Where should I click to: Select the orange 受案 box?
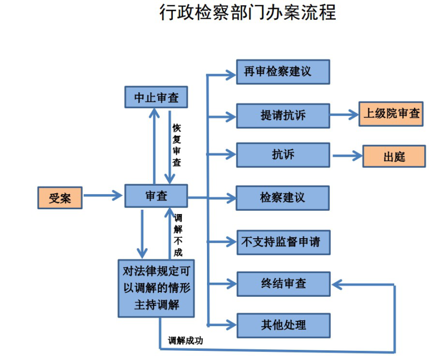(60, 197)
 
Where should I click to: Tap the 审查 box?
(156, 196)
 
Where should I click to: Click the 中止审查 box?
(156, 98)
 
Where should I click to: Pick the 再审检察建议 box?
(283, 72)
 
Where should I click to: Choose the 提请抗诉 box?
(283, 114)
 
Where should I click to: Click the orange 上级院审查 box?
(392, 114)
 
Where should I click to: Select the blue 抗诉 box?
(283, 155)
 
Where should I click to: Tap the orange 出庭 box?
(394, 156)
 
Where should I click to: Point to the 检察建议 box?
(283, 197)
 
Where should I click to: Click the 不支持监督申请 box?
(283, 241)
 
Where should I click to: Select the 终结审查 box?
(283, 283)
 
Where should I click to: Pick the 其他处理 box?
(283, 325)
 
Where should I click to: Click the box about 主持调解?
(156, 289)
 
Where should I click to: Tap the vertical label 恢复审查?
(177, 145)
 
